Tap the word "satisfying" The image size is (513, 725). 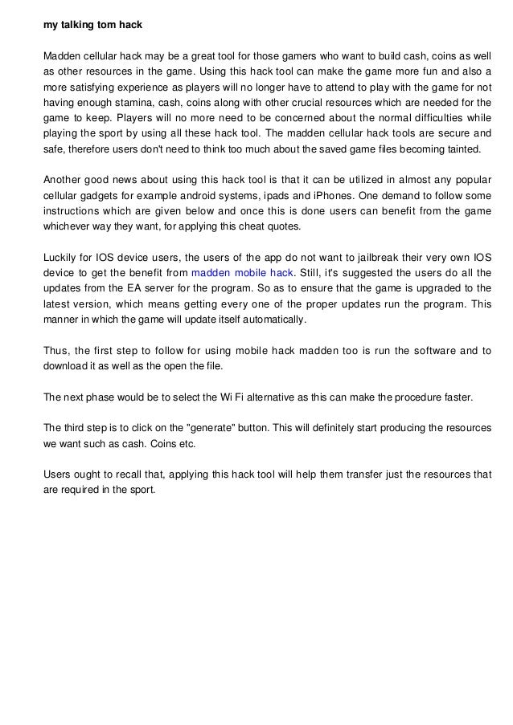(86, 87)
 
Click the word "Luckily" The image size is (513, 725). (60, 258)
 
